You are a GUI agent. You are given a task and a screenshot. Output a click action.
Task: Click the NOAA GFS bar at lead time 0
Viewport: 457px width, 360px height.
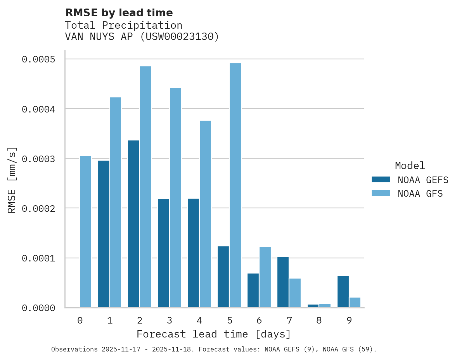(x=85, y=232)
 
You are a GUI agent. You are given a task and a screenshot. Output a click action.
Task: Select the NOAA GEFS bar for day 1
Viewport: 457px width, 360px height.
(x=104, y=234)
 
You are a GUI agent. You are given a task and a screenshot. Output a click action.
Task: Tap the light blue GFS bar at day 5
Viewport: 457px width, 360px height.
(x=235, y=185)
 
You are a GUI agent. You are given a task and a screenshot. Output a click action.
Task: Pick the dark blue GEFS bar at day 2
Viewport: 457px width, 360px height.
(x=133, y=224)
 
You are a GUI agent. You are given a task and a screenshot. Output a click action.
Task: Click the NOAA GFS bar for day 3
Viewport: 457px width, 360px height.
(x=175, y=198)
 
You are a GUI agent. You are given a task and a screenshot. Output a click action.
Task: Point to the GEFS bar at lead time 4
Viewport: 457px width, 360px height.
(x=193, y=253)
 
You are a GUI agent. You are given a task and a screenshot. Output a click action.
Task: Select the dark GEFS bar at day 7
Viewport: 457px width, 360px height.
(x=283, y=282)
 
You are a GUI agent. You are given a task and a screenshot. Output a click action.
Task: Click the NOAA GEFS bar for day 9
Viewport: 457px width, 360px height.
(x=343, y=291)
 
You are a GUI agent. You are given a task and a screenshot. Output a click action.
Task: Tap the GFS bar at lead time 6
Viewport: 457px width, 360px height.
(x=265, y=277)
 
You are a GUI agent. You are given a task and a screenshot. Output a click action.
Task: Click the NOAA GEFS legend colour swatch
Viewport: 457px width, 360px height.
(x=380, y=180)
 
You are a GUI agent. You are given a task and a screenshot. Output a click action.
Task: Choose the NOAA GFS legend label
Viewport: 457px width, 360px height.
(x=420, y=193)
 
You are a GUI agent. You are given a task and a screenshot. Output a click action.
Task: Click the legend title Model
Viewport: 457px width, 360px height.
(x=410, y=166)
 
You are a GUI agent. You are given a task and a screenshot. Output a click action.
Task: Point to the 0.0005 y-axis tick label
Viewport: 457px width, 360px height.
(x=38, y=59)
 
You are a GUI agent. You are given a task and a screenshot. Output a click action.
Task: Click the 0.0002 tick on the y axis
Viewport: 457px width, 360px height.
(x=38, y=209)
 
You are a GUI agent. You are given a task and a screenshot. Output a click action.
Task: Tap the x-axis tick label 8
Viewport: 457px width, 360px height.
(x=319, y=320)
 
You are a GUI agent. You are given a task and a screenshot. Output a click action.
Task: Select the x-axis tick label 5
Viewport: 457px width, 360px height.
(x=229, y=320)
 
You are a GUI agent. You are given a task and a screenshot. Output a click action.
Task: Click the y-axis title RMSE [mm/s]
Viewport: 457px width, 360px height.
(x=12, y=180)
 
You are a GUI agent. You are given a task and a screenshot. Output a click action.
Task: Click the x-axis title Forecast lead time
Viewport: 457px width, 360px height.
(x=213, y=334)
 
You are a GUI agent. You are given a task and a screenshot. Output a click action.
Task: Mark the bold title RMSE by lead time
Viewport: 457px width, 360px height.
(x=119, y=13)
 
